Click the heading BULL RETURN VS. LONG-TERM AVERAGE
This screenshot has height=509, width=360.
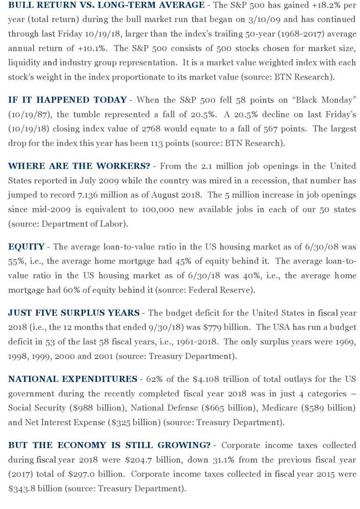(x=106, y=6)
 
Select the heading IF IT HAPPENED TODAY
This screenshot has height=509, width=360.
(x=67, y=100)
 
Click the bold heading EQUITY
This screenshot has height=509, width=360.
(x=26, y=247)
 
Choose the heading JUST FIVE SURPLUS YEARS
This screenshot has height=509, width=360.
(x=74, y=313)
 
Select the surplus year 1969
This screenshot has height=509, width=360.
(x=345, y=342)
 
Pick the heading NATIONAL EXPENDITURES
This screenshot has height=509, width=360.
(x=73, y=379)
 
